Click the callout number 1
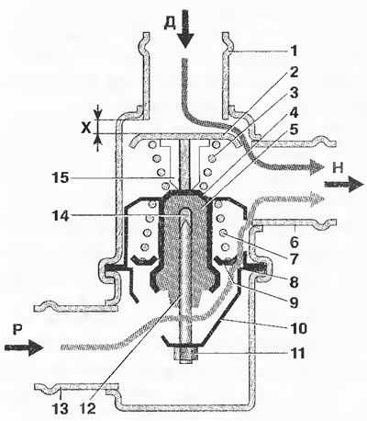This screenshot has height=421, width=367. (x=294, y=51)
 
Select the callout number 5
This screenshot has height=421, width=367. (x=294, y=130)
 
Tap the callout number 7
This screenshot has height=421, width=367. (x=294, y=259)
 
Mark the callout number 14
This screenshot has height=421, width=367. (x=61, y=215)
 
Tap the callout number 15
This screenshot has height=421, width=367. (x=61, y=177)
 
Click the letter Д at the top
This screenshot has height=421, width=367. (x=170, y=23)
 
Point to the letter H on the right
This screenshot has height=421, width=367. (x=338, y=168)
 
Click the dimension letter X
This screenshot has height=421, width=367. (x=86, y=129)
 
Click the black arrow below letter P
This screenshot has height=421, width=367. (x=23, y=347)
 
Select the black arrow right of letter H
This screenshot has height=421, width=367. (x=344, y=184)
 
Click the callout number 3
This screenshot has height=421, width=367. (x=294, y=93)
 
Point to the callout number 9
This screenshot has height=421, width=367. (x=294, y=302)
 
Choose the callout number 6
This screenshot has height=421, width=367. (x=294, y=242)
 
